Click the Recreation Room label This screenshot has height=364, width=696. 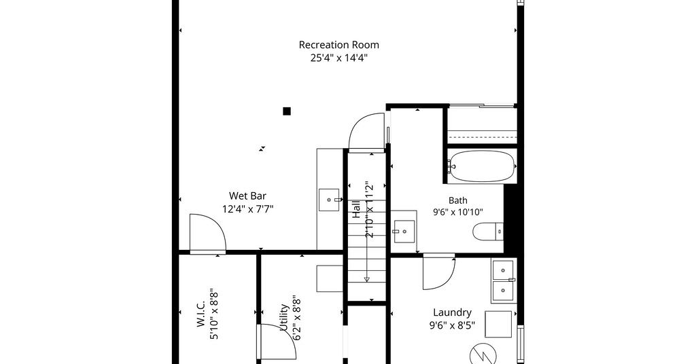pyautogui.click(x=338, y=45)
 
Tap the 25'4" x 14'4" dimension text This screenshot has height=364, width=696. pyautogui.click(x=338, y=58)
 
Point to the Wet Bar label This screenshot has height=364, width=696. pyautogui.click(x=247, y=196)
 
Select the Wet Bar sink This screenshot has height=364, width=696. pyautogui.click(x=330, y=200)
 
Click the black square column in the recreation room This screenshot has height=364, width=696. pyautogui.click(x=287, y=111)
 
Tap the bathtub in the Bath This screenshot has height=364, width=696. pyautogui.click(x=482, y=166)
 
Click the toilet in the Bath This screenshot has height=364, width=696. pyautogui.click(x=488, y=231)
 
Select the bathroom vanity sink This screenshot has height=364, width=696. pyautogui.click(x=404, y=232)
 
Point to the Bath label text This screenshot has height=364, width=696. pyautogui.click(x=457, y=200)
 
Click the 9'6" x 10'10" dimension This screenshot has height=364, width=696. pyautogui.click(x=457, y=213)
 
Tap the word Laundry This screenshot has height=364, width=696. pyautogui.click(x=452, y=313)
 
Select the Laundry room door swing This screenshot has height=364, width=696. pyautogui.click(x=438, y=272)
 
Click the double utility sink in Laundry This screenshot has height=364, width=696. pyautogui.click(x=503, y=280)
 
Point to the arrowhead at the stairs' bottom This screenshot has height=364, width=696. pyautogui.click(x=366, y=279)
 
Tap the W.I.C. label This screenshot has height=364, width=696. pyautogui.click(x=201, y=313)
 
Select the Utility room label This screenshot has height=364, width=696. pyautogui.click(x=284, y=318)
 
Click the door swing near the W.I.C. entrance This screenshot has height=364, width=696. pyautogui.click(x=208, y=234)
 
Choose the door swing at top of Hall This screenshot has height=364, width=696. pyautogui.click(x=366, y=131)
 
